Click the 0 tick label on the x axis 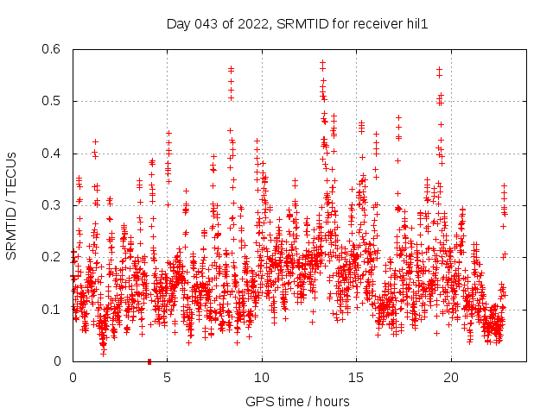(x=73, y=377)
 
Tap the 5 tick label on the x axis (x=168, y=377)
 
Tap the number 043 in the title (x=208, y=23)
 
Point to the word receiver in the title (x=376, y=23)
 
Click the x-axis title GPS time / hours (x=297, y=401)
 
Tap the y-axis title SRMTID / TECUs (x=12, y=205)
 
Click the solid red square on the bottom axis (x=149, y=361)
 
